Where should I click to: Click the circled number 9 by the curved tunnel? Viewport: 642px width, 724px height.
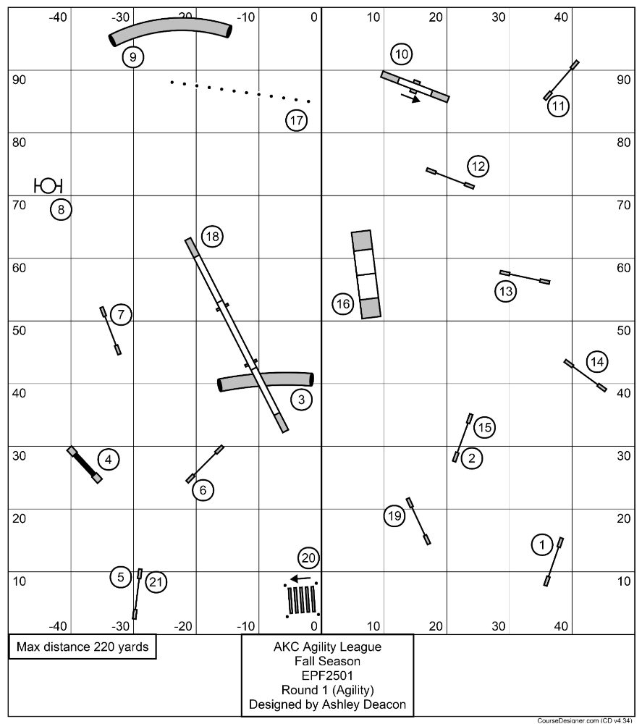tap(132, 56)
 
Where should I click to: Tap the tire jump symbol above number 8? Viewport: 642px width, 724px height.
tap(48, 185)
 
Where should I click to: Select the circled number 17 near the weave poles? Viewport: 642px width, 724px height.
tap(297, 121)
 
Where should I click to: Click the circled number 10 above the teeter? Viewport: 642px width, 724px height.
tap(402, 54)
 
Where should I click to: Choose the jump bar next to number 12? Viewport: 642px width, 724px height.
tap(450, 178)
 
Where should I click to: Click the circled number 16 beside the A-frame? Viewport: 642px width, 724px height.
tap(343, 304)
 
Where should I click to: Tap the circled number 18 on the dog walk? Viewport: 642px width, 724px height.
tap(211, 236)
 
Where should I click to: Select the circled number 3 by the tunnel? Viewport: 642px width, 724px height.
tap(301, 398)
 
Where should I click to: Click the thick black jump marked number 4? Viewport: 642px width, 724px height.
tap(85, 464)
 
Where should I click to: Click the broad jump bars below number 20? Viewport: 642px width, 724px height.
tap(302, 599)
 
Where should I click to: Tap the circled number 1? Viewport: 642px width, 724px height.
tap(541, 544)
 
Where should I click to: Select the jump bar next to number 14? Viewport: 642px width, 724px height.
tap(585, 375)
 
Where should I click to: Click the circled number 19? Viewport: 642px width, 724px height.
tap(394, 515)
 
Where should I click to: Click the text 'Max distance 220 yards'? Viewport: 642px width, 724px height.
tap(83, 647)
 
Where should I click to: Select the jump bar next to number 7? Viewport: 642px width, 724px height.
tap(111, 331)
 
